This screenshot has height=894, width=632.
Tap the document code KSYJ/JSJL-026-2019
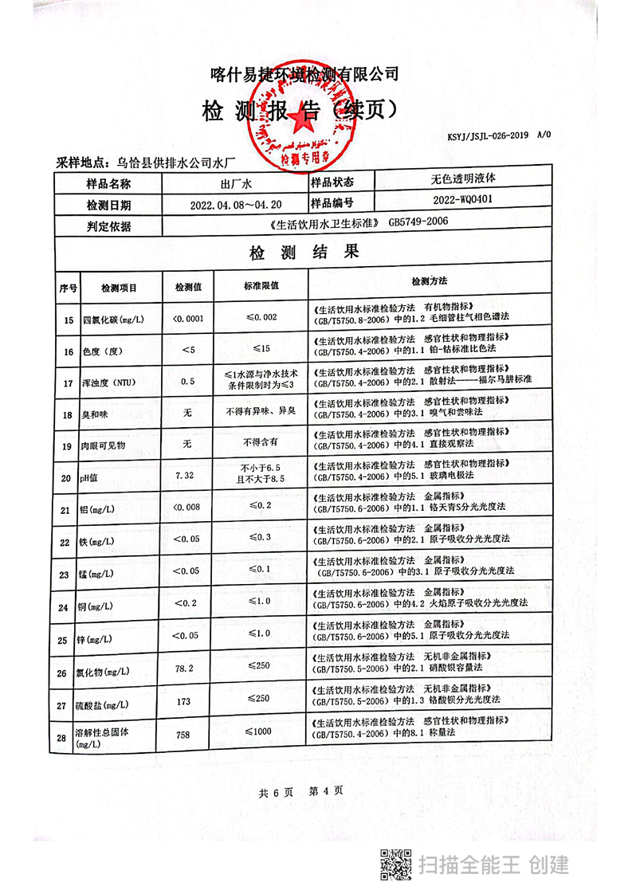coord(492,135)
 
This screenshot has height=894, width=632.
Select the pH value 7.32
coord(184,475)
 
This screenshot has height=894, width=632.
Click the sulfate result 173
coord(184,701)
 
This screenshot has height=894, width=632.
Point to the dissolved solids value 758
coord(184,734)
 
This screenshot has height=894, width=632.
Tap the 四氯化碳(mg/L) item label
coord(113,320)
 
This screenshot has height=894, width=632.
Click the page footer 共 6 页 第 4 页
coord(300,791)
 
